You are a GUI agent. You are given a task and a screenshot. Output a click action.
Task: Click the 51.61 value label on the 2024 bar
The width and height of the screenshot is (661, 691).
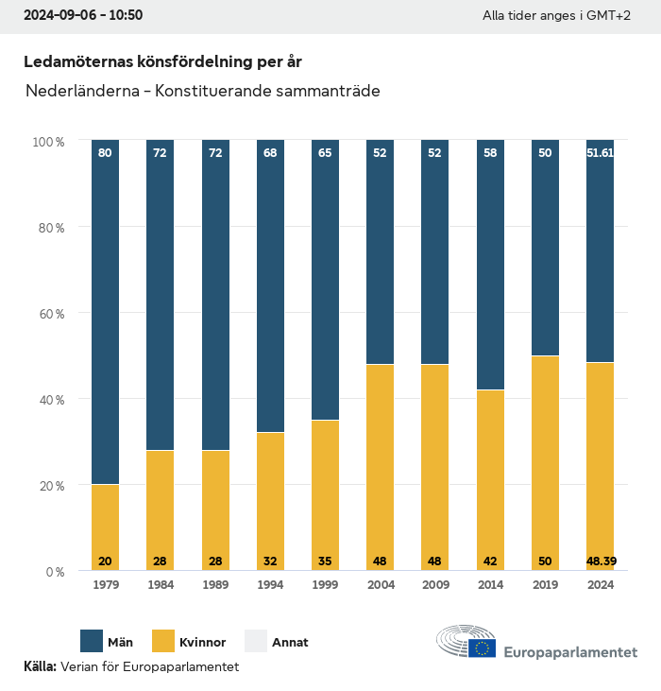tap(601, 153)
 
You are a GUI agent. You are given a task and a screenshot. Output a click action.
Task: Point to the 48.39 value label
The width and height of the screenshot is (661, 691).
tap(601, 561)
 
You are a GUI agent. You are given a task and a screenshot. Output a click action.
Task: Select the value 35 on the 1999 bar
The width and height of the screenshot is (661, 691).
tap(326, 561)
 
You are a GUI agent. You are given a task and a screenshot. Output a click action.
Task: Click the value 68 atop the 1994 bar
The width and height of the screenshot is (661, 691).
tap(270, 153)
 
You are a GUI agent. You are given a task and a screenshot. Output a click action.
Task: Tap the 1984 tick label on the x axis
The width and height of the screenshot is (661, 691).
tap(160, 586)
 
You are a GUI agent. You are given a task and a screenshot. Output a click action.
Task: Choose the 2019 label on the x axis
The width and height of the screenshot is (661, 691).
tap(545, 586)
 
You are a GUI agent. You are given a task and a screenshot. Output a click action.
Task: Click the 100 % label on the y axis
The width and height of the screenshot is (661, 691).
tap(48, 142)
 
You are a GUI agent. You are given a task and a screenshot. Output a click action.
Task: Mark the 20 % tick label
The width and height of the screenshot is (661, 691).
tap(50, 486)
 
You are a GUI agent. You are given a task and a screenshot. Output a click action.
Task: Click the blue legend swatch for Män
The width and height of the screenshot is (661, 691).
tap(93, 641)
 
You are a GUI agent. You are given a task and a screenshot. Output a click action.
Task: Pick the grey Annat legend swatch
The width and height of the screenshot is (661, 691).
tap(257, 641)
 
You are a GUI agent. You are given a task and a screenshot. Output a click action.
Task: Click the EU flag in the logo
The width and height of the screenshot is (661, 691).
tap(483, 648)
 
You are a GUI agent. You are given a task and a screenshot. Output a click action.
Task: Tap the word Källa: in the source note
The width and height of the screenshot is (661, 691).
tap(41, 666)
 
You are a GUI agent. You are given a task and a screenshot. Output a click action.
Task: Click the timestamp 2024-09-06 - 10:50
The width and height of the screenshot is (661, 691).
tap(83, 16)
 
